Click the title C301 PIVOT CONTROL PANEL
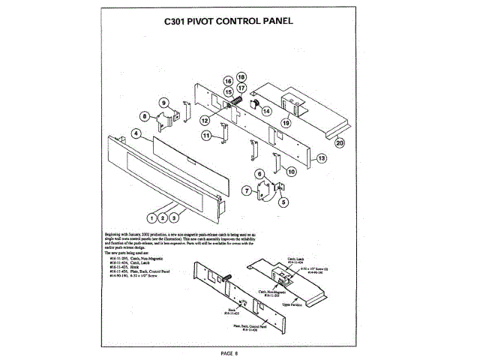pos(238,21)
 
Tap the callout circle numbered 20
pos(340,141)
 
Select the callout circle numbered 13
pos(320,158)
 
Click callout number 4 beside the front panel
pos(136,133)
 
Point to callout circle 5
pos(283,201)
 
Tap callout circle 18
pos(241,76)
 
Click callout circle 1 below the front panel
pos(151,218)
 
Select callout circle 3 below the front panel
pos(173,218)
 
